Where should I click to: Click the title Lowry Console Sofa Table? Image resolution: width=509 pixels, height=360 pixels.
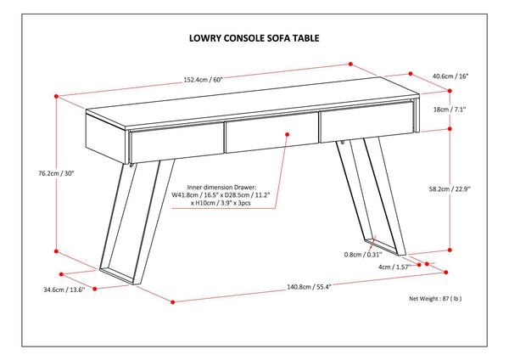(254, 38)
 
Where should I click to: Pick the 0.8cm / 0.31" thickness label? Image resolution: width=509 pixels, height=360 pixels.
(364, 254)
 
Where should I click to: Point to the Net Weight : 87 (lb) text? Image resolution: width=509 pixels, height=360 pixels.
(435, 299)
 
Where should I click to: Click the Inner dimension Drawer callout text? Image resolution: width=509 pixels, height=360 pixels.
(234, 198)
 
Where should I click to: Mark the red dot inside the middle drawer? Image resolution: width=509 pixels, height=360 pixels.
(288, 133)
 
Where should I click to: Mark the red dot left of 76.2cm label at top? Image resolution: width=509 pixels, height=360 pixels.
(56, 95)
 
